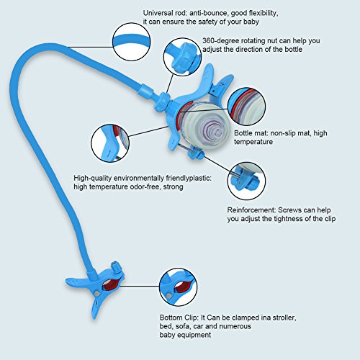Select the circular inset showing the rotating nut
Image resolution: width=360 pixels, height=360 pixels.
pyautogui.click(x=183, y=57)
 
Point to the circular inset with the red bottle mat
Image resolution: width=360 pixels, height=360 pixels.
pyautogui.click(x=246, y=107)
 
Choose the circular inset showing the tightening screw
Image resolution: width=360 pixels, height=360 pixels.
pyautogui.click(x=246, y=181)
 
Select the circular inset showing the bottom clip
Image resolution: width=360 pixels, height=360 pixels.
pyautogui.click(x=179, y=287)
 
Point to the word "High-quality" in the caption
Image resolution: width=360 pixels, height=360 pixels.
pyautogui.click(x=92, y=179)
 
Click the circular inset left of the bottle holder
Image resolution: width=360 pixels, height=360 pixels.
pyautogui.click(x=110, y=143)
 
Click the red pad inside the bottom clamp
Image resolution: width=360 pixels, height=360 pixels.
pyautogui.click(x=111, y=284)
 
